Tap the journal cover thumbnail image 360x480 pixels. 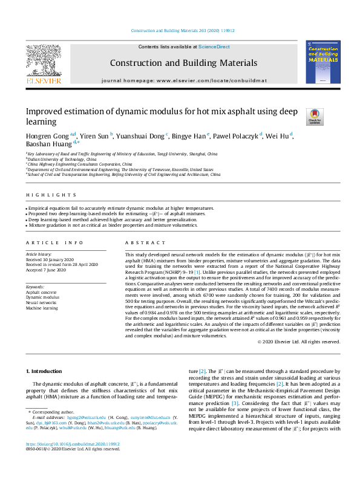pos(322,62)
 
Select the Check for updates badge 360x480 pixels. pos(315,116)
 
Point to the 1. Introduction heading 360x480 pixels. pos(47,370)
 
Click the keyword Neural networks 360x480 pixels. pos(41,303)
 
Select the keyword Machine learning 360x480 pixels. pos(42,308)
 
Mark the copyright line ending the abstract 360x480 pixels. pos(307,342)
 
